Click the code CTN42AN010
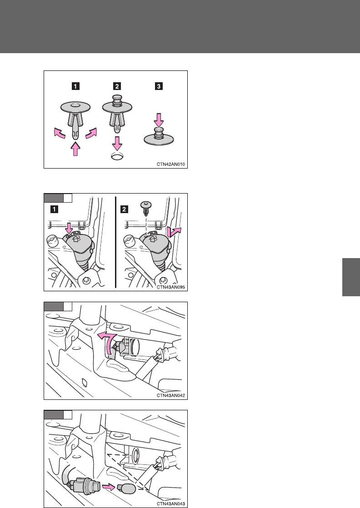[x=171, y=164]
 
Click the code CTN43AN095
[x=171, y=287]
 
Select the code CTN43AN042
[x=171, y=396]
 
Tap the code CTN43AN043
[x=171, y=504]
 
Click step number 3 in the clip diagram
[x=159, y=86]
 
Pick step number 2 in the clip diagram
[x=117, y=86]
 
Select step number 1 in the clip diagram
[x=75, y=86]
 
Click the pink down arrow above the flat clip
[x=159, y=120]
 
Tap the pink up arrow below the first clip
[x=75, y=149]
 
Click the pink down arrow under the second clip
[x=117, y=143]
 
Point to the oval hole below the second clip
[x=117, y=156]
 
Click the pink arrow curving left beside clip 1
[x=59, y=133]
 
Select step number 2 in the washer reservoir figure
[x=124, y=209]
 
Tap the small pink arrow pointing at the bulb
[x=109, y=487]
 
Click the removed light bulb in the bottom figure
[x=126, y=488]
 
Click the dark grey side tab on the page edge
[x=351, y=277]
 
